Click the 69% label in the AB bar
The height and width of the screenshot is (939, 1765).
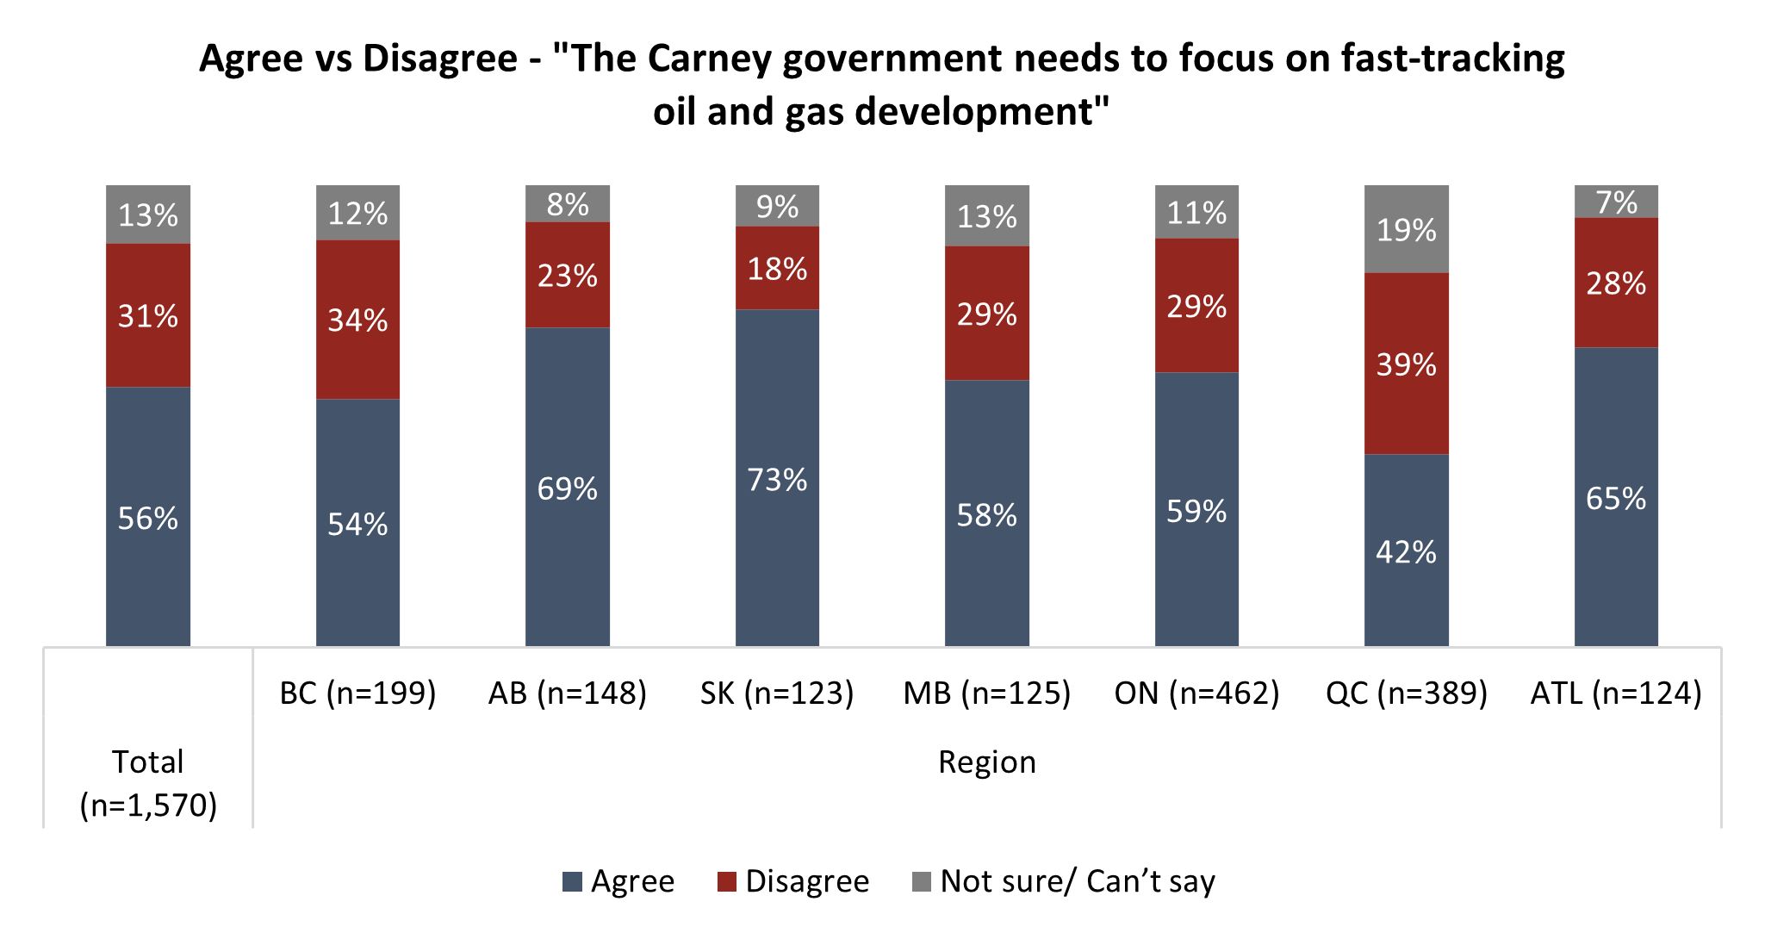click(x=567, y=489)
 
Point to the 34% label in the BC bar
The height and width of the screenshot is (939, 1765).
click(x=357, y=320)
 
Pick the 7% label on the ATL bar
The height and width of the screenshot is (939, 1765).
click(x=1616, y=203)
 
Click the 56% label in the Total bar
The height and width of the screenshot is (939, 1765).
click(x=148, y=519)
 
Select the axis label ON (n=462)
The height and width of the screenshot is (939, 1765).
click(x=1196, y=693)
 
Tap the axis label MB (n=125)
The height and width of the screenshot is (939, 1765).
click(x=986, y=693)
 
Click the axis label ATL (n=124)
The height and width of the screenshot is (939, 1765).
click(x=1616, y=693)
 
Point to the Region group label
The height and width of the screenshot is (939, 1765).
click(x=986, y=762)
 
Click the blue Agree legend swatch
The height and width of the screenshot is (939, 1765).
click(x=572, y=882)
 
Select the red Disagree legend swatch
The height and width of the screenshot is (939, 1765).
click(x=727, y=882)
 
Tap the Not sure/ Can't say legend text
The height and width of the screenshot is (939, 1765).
click(x=1077, y=882)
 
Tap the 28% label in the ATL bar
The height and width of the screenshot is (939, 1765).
click(x=1616, y=283)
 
